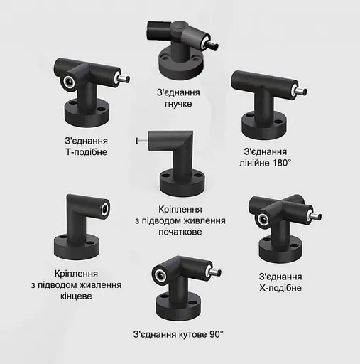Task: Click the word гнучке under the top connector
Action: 178,104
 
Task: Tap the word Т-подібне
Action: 87,152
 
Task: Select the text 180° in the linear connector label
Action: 282,163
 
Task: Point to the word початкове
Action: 180,232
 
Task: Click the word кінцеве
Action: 76,296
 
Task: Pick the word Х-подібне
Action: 280,288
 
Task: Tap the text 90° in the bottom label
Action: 216,334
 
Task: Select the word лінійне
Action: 255,163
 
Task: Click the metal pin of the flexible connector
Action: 212,45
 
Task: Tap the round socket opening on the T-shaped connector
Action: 70,82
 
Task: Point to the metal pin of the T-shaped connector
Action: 124,78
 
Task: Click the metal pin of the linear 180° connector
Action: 301,91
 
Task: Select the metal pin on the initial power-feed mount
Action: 141,141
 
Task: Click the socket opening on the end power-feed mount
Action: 105,209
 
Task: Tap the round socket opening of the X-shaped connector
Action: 263,219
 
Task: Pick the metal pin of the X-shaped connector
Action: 316,216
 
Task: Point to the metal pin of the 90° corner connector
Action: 215,272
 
